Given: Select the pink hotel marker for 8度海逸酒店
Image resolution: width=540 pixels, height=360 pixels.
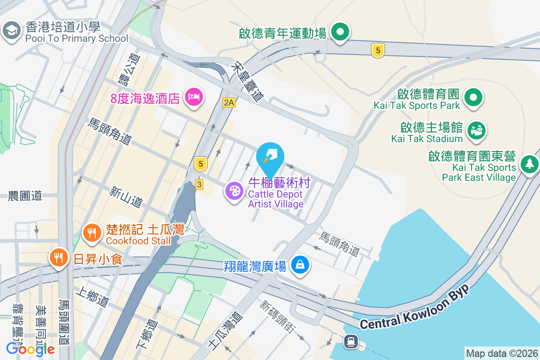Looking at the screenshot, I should point(194,96).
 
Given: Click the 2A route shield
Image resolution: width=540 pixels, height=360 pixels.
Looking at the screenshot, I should point(229,103).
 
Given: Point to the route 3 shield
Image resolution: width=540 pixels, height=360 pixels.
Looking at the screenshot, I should point(200,184).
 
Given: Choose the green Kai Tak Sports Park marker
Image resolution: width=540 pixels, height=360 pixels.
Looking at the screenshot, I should point(473,97).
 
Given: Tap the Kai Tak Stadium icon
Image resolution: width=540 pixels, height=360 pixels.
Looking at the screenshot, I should point(476,130).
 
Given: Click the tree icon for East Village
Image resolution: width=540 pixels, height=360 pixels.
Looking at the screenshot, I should point(530,163).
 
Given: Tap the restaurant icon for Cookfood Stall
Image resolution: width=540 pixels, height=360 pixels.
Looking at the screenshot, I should point(92,232).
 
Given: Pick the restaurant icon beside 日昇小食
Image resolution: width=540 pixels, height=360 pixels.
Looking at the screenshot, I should point(58,258).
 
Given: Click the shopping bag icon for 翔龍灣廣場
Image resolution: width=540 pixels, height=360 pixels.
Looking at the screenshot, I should point(300,264).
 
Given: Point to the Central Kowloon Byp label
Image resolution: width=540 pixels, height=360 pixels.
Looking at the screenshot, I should point(414,308).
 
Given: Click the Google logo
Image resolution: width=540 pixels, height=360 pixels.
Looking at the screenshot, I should point(31,349).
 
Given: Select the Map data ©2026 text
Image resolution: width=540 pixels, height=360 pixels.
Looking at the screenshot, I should point(502,353).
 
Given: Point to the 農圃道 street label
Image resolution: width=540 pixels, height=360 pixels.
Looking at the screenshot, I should point(25,196).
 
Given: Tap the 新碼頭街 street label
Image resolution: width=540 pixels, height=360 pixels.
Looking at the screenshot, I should point(277,317).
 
